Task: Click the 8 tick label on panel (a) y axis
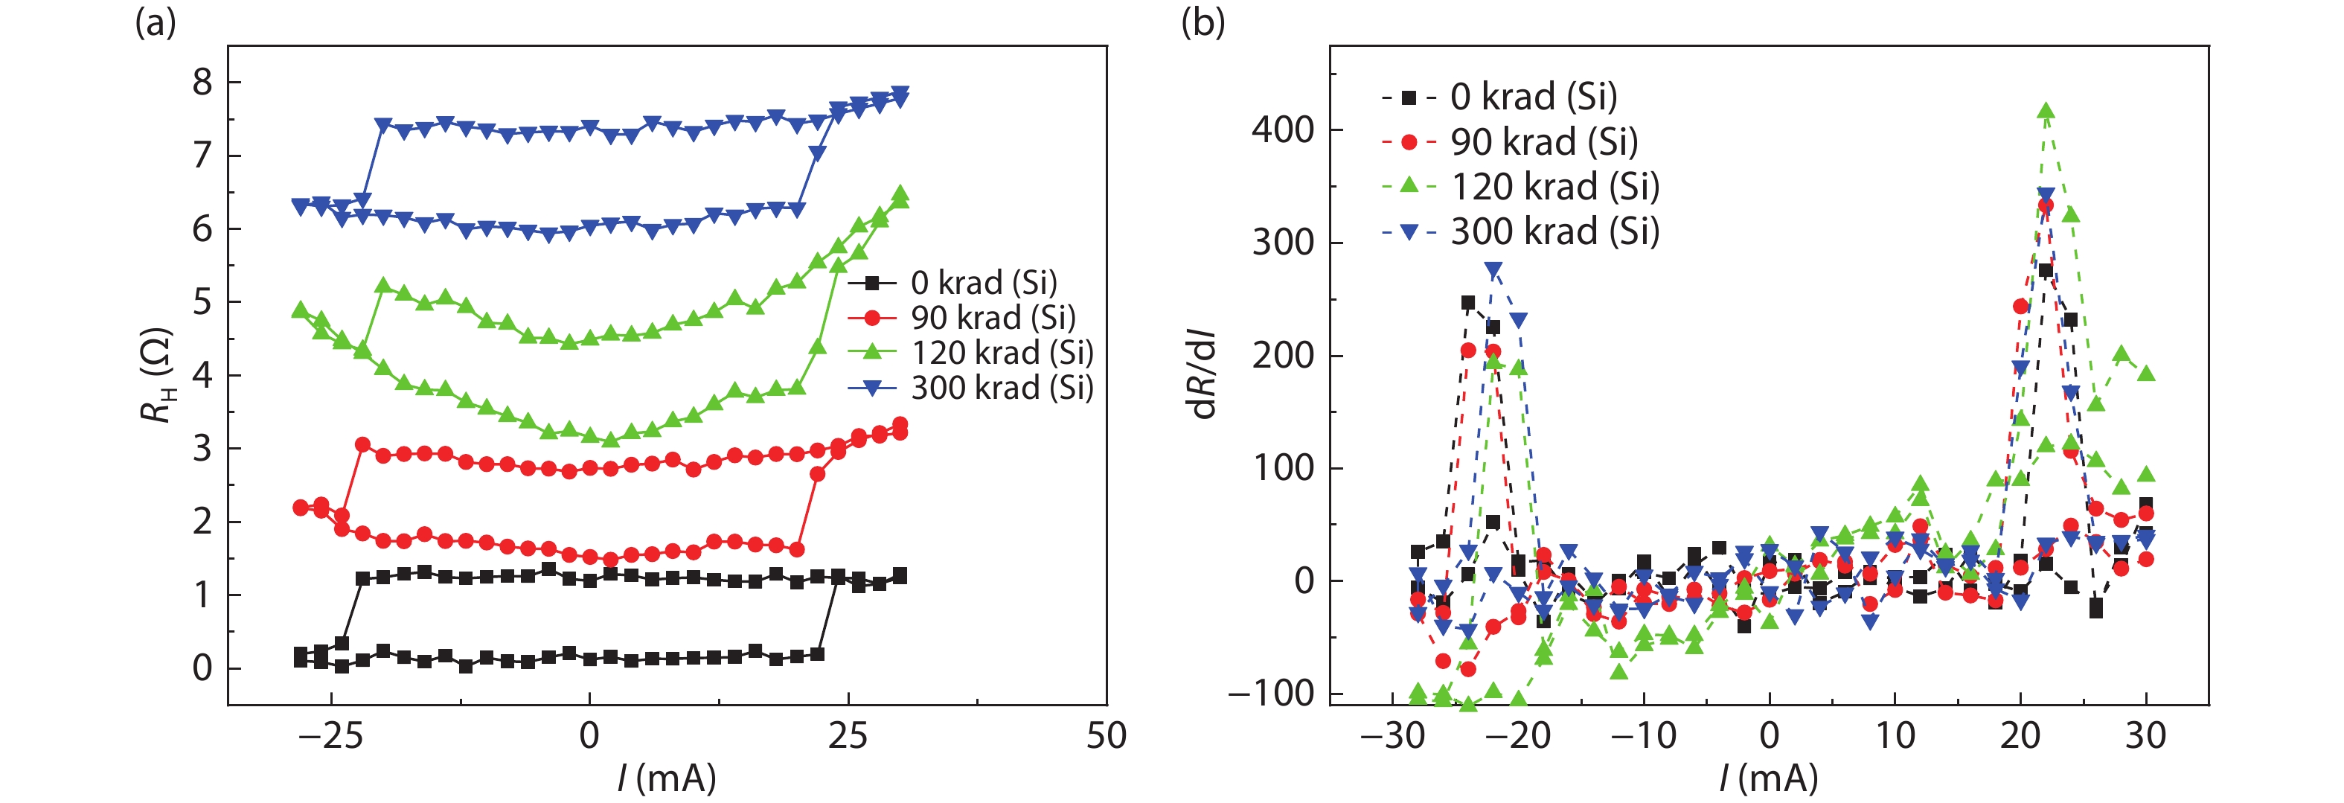tap(202, 83)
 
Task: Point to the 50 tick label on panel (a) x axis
tap(1106, 735)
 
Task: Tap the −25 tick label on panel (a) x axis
tap(331, 735)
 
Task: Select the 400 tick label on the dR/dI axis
tap(1283, 130)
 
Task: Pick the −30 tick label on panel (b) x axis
tap(1392, 735)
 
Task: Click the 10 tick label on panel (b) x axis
tap(1895, 735)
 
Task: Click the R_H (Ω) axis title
tap(156, 375)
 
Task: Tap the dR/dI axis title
tap(1203, 375)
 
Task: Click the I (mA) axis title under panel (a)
tap(667, 778)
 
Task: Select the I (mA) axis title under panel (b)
tap(1768, 778)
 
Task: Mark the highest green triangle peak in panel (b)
tap(2046, 112)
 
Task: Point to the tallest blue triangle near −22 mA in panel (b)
tap(1493, 270)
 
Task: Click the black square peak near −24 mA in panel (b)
tap(1467, 303)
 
